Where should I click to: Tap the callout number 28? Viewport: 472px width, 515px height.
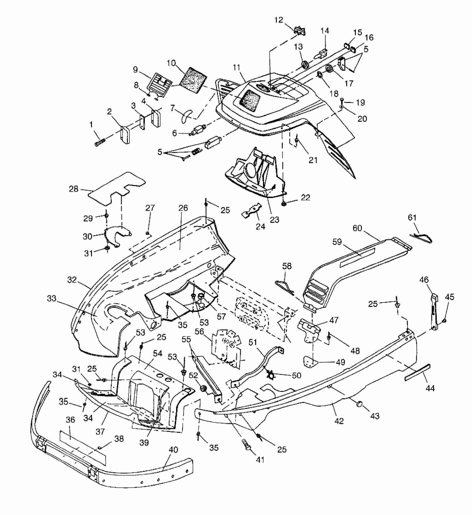74,189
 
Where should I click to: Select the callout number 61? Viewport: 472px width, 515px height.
412,218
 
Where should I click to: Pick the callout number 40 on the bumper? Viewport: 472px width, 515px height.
173,450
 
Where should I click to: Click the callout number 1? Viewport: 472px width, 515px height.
91,125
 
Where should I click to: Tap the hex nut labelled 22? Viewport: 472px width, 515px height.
284,204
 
